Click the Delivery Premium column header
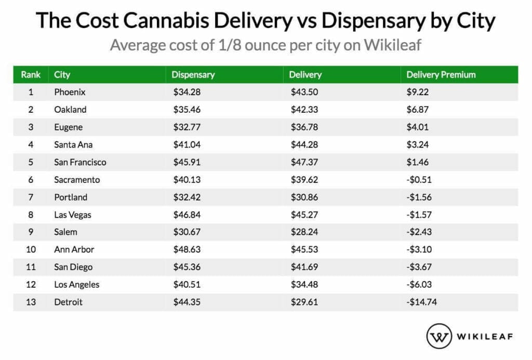coord(441,74)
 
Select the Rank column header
coord(31,74)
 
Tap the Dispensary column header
coord(193,74)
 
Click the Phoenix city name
coord(70,92)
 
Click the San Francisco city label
coord(80,162)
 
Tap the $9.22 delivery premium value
coord(418,92)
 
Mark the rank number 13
coord(31,302)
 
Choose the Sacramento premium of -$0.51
coord(419,180)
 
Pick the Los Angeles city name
coord(76,284)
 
